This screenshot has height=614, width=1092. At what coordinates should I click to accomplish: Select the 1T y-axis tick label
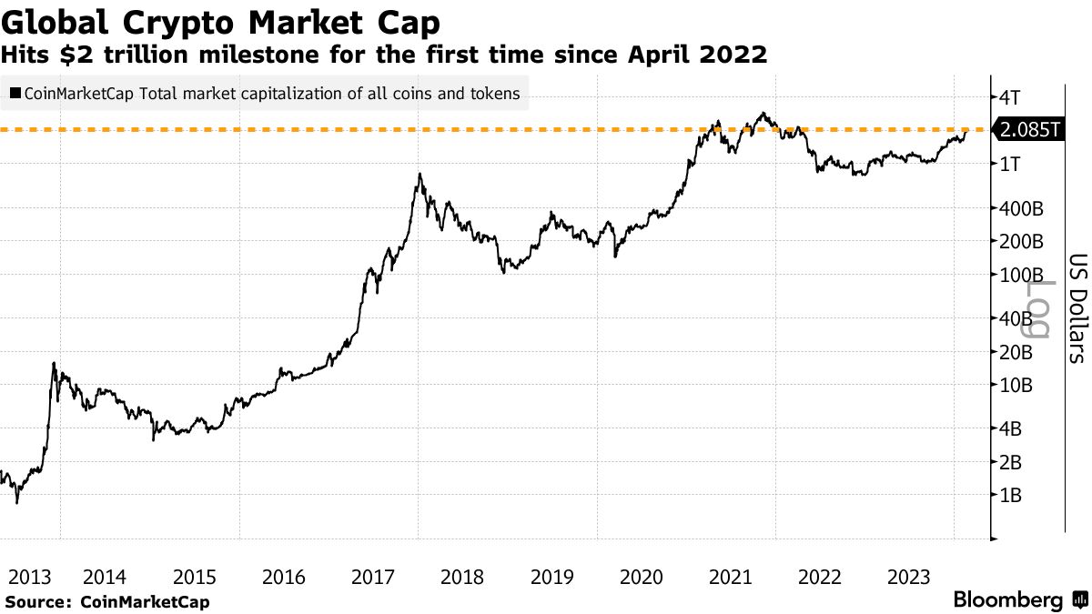pos(1010,165)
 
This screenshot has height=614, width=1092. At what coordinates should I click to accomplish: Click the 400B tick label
pos(1021,209)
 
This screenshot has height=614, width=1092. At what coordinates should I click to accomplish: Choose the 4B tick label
pos(1011,428)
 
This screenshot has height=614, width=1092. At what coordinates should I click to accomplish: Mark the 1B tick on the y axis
pos(1011,497)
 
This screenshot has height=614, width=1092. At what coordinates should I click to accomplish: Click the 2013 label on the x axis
pos(28,577)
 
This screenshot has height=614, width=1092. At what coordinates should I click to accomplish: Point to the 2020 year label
pos(641,577)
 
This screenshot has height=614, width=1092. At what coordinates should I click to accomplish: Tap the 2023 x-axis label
pos(908,577)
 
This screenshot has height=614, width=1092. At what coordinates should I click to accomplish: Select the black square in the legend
pos(14,93)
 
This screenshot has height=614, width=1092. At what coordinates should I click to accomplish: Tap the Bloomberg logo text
pos(1007,600)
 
